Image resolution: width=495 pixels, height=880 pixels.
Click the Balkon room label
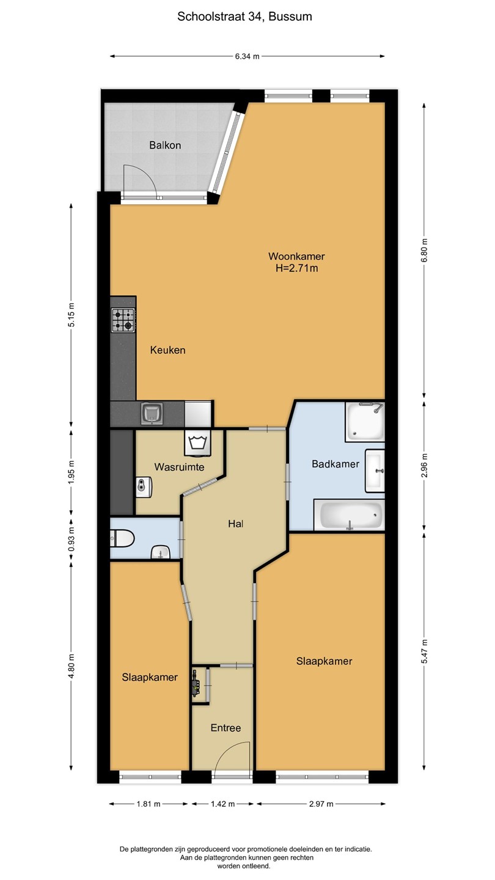pyautogui.click(x=165, y=145)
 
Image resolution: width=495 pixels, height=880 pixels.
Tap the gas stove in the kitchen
pyautogui.click(x=123, y=320)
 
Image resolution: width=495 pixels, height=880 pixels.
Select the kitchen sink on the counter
pyautogui.click(x=152, y=414)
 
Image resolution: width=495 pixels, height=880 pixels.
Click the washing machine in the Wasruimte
pyautogui.click(x=197, y=443)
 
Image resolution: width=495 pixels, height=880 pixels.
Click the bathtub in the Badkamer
pyautogui.click(x=350, y=515)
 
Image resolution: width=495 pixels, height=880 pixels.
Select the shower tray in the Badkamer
pyautogui.click(x=365, y=422)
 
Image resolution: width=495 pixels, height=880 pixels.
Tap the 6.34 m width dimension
pyautogui.click(x=247, y=56)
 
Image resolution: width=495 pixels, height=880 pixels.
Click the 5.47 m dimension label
pyautogui.click(x=424, y=651)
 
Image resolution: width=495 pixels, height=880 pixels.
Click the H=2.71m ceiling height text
pyautogui.click(x=296, y=269)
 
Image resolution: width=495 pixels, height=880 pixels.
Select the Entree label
pyautogui.click(x=226, y=728)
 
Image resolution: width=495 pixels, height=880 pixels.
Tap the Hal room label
pyautogui.click(x=236, y=524)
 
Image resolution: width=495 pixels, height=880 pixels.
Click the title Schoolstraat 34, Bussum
pyautogui.click(x=244, y=16)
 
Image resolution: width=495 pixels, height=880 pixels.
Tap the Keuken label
pyautogui.click(x=167, y=350)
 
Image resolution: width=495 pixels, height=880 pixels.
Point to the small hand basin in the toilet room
pyautogui.click(x=161, y=552)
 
